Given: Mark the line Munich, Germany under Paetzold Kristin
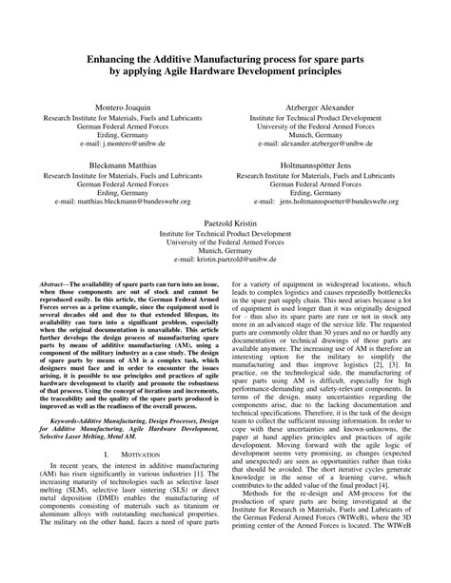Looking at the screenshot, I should pyautogui.click(x=225, y=248).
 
